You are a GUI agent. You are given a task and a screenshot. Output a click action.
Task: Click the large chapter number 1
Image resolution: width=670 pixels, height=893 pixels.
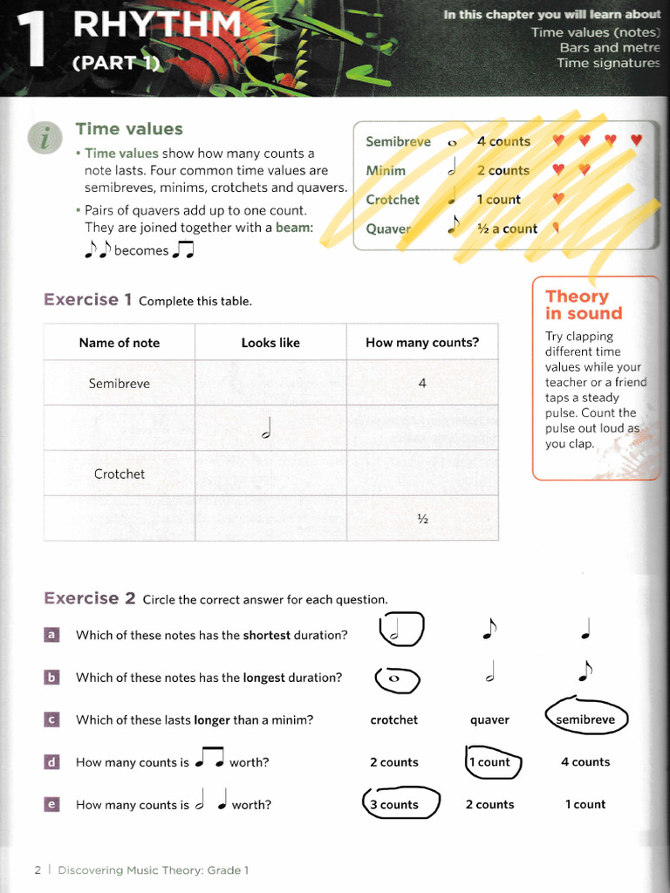tap(35, 39)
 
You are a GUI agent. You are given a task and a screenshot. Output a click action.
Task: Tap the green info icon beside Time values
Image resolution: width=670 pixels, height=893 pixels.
tap(44, 138)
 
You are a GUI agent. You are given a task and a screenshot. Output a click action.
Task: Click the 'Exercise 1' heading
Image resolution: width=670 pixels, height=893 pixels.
tap(87, 300)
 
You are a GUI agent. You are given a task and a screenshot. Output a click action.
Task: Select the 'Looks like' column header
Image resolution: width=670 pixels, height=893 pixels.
tap(270, 343)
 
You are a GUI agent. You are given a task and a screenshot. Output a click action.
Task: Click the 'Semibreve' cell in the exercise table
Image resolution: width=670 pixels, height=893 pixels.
tap(120, 384)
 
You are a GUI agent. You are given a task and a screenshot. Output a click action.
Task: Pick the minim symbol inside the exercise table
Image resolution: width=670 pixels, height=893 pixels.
tap(270, 428)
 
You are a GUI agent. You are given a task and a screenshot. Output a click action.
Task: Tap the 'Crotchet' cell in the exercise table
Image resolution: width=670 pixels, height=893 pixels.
tap(120, 474)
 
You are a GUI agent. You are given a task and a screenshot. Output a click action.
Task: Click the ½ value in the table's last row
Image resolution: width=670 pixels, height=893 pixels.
tap(422, 519)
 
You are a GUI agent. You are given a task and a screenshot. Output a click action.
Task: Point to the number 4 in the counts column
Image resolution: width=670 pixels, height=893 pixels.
tap(422, 384)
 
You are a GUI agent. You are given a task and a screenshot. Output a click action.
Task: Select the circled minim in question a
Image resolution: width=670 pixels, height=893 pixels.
tap(401, 630)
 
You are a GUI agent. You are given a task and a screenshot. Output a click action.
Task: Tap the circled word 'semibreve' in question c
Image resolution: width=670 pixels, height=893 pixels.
tap(585, 719)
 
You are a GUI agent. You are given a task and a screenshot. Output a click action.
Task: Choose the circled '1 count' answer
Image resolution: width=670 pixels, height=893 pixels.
tap(493, 762)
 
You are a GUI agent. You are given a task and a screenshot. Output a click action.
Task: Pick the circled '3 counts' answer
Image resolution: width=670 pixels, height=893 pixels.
tap(400, 805)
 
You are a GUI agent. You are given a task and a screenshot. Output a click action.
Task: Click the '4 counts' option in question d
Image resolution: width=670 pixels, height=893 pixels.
tap(585, 762)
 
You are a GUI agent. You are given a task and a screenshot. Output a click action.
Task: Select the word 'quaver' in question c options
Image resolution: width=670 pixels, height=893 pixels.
tap(489, 720)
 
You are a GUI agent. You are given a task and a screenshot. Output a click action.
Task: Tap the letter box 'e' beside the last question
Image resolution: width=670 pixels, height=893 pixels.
tap(52, 804)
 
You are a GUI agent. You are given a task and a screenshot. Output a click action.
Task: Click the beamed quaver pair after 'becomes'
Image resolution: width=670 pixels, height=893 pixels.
tap(183, 250)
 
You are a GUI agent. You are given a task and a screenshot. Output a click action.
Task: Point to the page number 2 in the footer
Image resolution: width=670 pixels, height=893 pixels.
tap(38, 869)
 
